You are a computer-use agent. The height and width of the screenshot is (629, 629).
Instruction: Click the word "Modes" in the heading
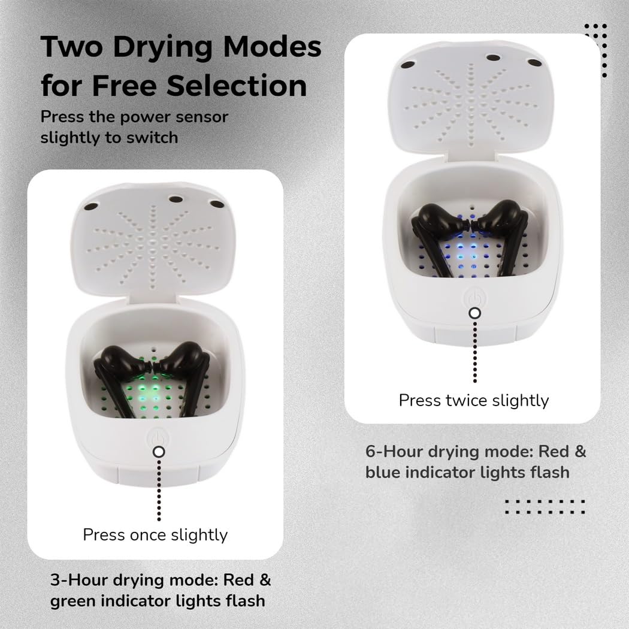[273, 47]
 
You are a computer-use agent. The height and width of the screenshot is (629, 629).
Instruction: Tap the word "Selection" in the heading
[237, 86]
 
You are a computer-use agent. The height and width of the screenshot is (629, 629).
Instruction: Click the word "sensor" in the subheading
[202, 117]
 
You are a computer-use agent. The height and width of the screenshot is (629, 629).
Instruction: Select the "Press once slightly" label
[155, 535]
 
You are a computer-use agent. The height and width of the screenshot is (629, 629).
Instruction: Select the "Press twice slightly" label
[474, 400]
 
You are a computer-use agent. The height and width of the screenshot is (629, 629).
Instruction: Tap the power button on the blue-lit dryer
[474, 298]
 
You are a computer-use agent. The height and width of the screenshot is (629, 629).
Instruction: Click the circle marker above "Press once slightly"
[159, 452]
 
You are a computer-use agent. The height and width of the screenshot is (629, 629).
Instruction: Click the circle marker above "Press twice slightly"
[475, 313]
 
